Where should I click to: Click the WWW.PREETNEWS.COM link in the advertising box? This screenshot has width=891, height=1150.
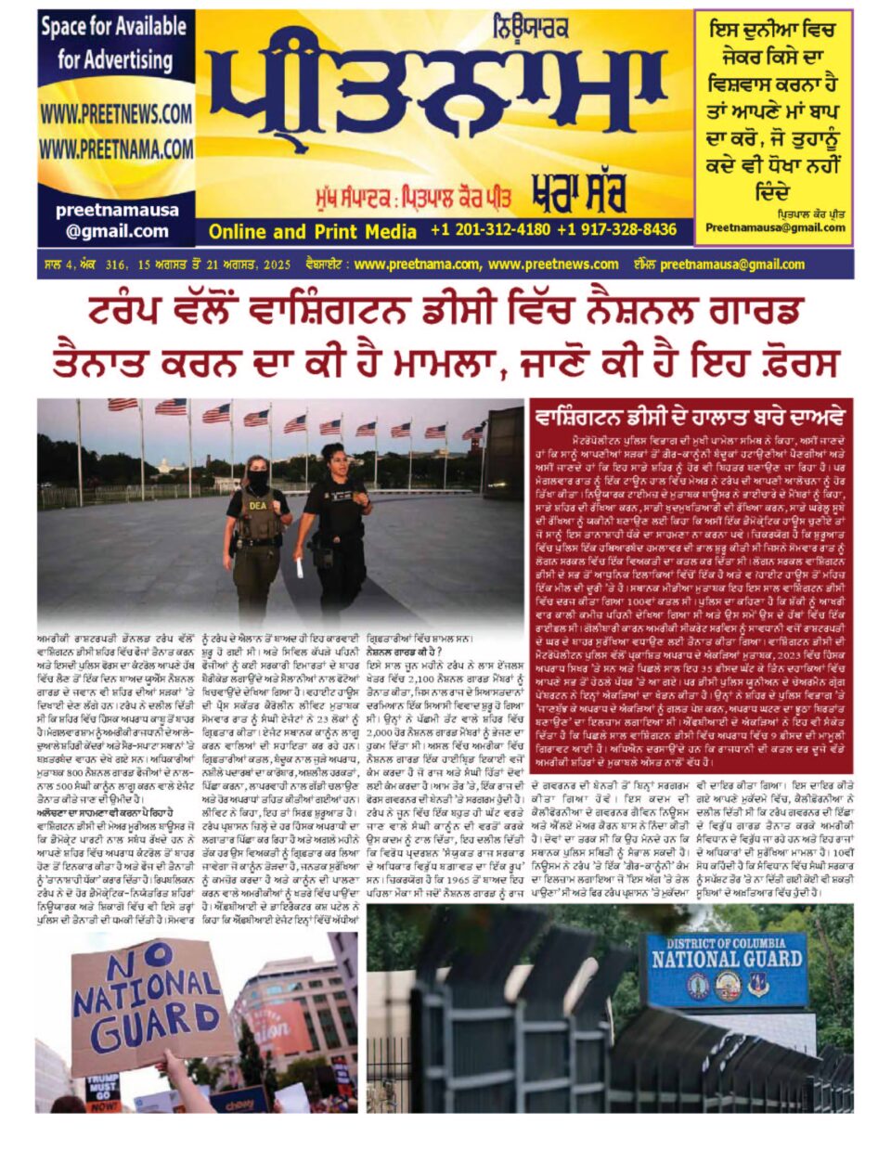(x=115, y=114)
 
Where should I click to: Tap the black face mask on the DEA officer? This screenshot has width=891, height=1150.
(x=257, y=482)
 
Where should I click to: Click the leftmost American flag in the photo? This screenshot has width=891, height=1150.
(x=122, y=406)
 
